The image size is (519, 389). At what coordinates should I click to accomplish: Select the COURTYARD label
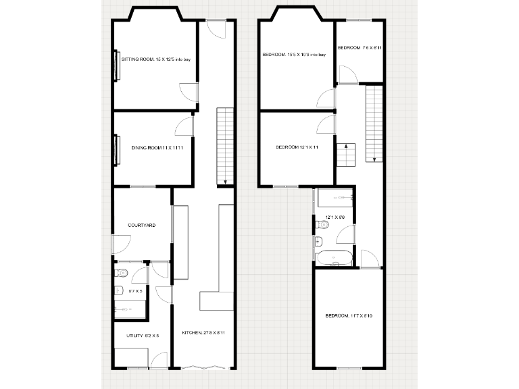(142, 225)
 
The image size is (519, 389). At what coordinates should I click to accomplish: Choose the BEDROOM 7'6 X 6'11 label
(361, 48)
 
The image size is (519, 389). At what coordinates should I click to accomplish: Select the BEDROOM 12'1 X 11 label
(297, 147)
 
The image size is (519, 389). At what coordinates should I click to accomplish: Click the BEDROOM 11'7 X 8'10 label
(349, 316)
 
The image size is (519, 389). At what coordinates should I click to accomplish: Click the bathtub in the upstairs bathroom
(334, 257)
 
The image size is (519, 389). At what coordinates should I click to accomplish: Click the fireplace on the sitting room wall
(117, 66)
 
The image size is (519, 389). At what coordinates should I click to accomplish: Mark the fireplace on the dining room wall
(117, 151)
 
